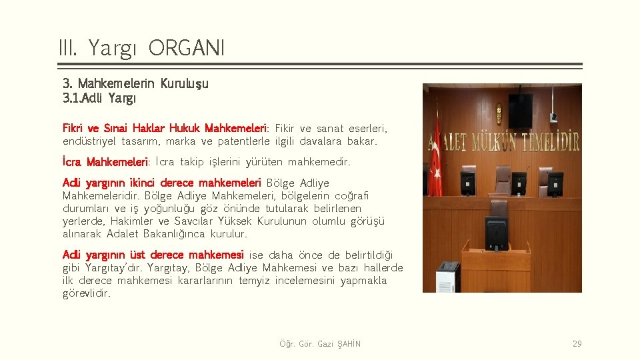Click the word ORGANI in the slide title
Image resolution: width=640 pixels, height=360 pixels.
187,48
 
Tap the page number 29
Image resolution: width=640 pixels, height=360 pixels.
577,344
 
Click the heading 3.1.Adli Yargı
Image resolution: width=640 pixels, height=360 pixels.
99,99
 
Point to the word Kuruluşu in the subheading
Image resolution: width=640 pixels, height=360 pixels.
185,84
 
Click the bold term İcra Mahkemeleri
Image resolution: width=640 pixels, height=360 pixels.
105,162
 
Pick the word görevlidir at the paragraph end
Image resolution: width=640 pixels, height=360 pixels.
87,293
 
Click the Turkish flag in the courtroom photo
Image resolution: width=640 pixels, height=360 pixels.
436,157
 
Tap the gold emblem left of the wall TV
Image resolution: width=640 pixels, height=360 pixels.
499,114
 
